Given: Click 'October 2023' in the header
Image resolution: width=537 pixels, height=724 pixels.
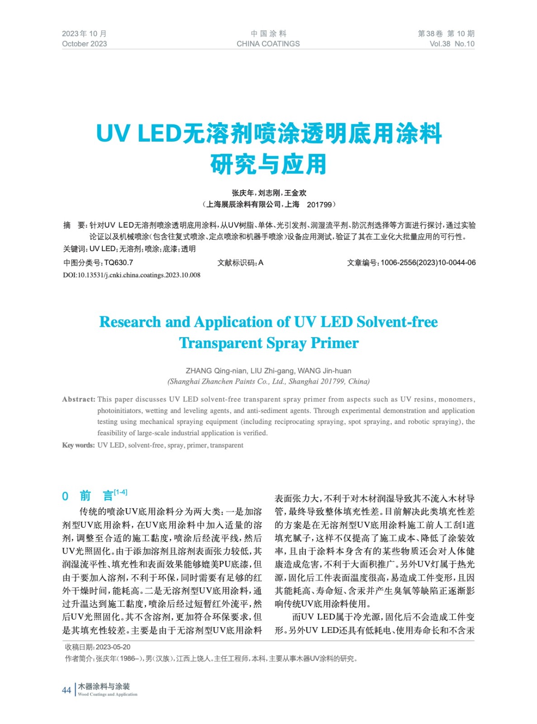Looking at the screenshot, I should (x=85, y=44).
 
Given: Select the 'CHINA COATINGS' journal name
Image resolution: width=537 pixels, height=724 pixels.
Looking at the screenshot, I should (x=268, y=44).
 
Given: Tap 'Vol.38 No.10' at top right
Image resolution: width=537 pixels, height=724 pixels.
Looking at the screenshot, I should (x=451, y=44).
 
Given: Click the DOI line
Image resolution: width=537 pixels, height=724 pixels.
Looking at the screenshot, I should (x=132, y=275).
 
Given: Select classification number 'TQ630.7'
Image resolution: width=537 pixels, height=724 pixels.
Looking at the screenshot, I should (x=119, y=262).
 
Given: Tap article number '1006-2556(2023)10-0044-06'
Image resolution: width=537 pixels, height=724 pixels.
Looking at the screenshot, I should (x=428, y=262).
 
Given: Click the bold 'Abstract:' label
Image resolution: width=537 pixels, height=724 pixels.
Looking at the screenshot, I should (x=79, y=399).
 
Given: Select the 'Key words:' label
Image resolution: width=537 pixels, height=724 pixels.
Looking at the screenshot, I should (x=78, y=445).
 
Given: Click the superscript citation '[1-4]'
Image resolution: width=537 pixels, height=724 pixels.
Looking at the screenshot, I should (x=120, y=492).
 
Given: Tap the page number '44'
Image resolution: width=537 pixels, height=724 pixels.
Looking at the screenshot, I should (x=67, y=690).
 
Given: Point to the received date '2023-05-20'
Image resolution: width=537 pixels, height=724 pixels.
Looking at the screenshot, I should (x=113, y=647).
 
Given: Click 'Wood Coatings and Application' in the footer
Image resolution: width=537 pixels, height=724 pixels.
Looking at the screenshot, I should (x=108, y=695).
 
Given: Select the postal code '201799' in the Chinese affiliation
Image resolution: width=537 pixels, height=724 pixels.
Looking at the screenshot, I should (x=319, y=205).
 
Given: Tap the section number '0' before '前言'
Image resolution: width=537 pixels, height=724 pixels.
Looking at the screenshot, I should (x=65, y=496).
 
